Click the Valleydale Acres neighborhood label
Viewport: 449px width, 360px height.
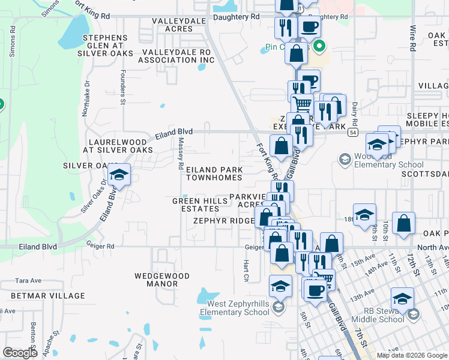171,25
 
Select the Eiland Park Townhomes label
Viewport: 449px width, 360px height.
214,173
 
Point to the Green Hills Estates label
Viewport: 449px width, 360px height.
196,205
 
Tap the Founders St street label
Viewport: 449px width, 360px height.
122,88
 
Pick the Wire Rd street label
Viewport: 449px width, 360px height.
412,37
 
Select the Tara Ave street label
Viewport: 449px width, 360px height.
28,280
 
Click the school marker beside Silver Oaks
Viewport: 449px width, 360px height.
119,175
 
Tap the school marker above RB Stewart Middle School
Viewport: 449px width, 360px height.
402,298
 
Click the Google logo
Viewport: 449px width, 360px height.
20,353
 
